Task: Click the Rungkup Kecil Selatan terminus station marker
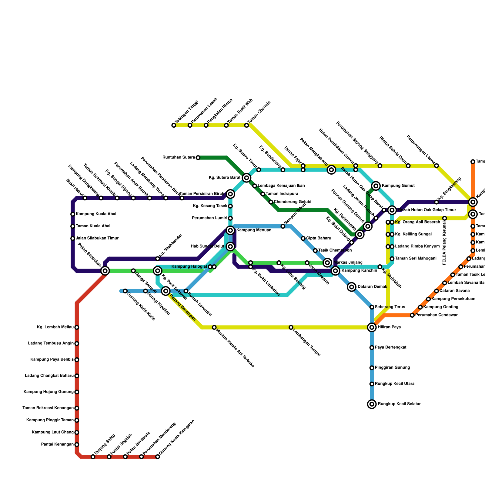pyautogui.click(x=372, y=404)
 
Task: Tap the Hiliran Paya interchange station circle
pyautogui.click(x=372, y=327)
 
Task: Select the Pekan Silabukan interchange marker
pyautogui.click(x=105, y=271)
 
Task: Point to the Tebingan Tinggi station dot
pyautogui.click(x=174, y=125)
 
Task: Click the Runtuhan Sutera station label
pyautogui.click(x=179, y=158)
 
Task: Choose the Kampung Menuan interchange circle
pyautogui.click(x=230, y=230)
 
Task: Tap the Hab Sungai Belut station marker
pyautogui.click(x=230, y=246)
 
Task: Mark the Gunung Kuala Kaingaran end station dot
pyautogui.click(x=158, y=457)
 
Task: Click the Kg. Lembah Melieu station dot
pyautogui.click(x=77, y=327)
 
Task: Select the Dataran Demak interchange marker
pyautogui.click(x=352, y=287)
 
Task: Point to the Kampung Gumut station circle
pyautogui.click(x=376, y=186)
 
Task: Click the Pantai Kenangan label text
pyautogui.click(x=57, y=445)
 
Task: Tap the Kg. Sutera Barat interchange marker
pyautogui.click(x=246, y=178)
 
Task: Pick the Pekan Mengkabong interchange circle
pyautogui.click(x=331, y=170)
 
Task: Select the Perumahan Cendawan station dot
pyautogui.click(x=412, y=315)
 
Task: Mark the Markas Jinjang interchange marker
pyautogui.click(x=327, y=263)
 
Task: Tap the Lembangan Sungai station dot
pyautogui.click(x=291, y=327)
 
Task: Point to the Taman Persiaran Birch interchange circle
pyautogui.click(x=230, y=194)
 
